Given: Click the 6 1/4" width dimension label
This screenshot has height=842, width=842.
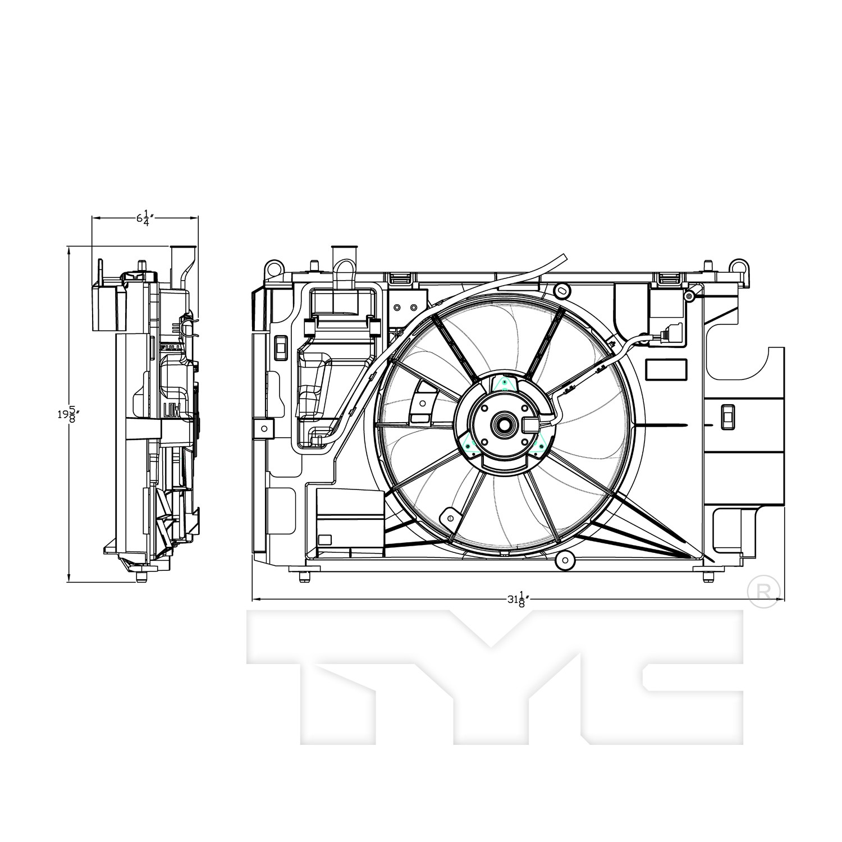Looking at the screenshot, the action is pyautogui.click(x=145, y=218).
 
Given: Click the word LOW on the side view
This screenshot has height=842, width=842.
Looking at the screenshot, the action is pyautogui.click(x=171, y=410).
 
